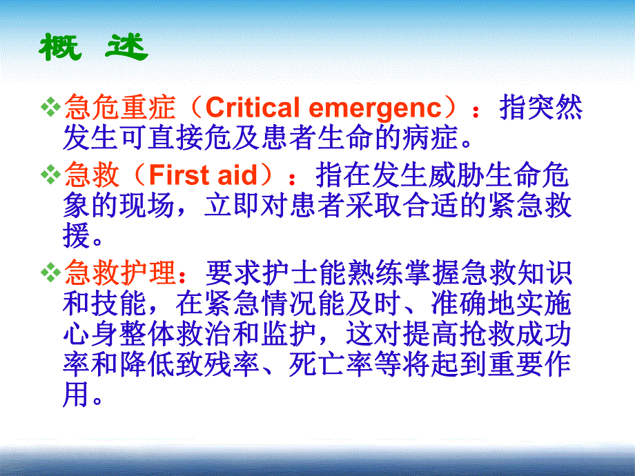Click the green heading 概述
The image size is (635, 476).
(x=93, y=46)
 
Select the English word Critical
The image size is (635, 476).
(x=252, y=108)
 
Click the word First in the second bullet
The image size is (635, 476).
(x=178, y=176)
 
